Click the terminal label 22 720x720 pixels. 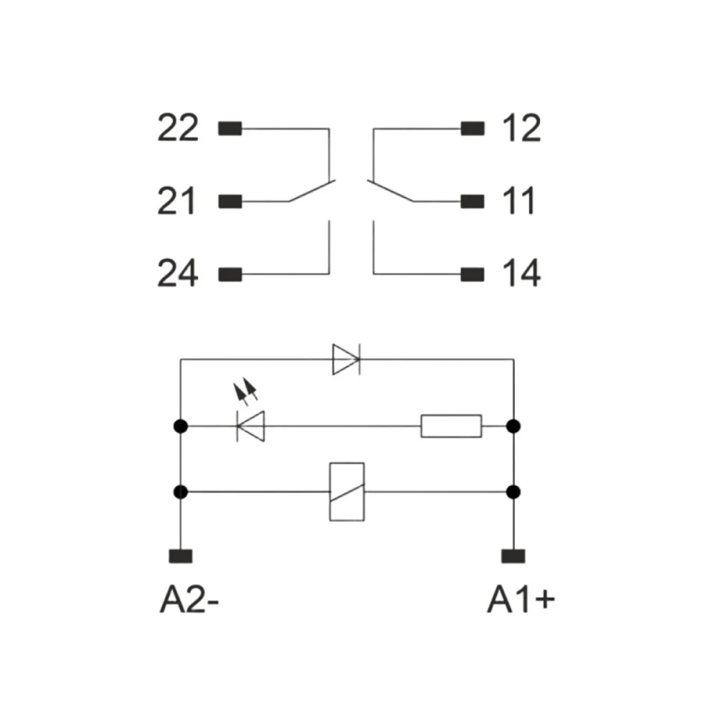(x=178, y=127)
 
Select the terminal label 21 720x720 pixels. (x=176, y=201)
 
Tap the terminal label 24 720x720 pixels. (x=178, y=273)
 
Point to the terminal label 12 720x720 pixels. (x=521, y=127)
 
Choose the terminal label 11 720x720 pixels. (x=519, y=201)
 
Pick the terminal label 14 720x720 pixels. (x=521, y=273)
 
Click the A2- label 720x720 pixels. (x=189, y=600)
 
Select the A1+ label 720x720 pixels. (x=521, y=600)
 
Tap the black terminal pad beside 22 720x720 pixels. (x=230, y=129)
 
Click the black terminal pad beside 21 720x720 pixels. (x=230, y=202)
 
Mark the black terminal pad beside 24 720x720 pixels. (x=230, y=274)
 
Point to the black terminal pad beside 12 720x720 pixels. (x=472, y=129)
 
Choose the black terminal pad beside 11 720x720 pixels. (x=472, y=202)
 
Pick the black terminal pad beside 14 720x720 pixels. (x=472, y=274)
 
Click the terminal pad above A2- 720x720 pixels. (x=181, y=556)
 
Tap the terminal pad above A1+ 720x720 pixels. (x=513, y=556)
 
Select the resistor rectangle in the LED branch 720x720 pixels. (x=451, y=426)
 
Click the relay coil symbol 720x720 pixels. (x=347, y=492)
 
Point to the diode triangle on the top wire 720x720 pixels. (x=346, y=359)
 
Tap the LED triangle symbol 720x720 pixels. (x=251, y=426)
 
